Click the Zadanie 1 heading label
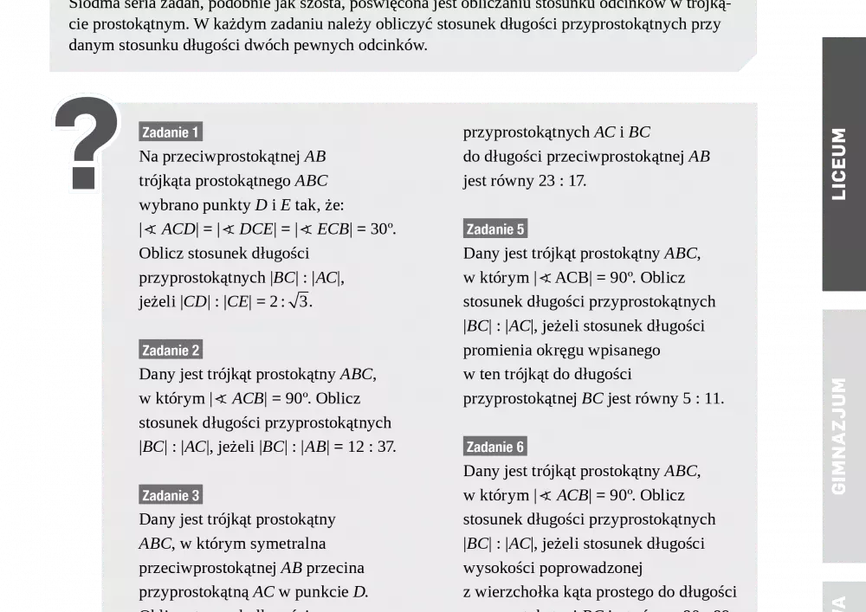pyautogui.click(x=171, y=132)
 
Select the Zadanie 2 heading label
pyautogui.click(x=171, y=350)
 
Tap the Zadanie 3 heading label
pyautogui.click(x=171, y=495)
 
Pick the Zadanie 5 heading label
pyautogui.click(x=495, y=229)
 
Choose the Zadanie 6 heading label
pyautogui.click(x=495, y=447)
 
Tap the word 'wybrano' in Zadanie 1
pyautogui.click(x=165, y=205)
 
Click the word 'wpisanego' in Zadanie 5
pyautogui.click(x=624, y=350)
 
